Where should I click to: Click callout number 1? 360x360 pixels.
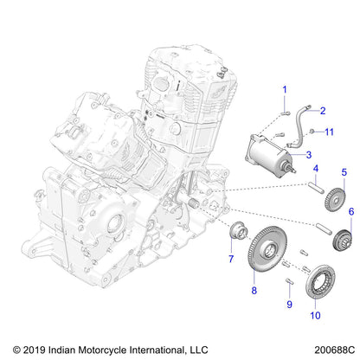pyautogui.click(x=282, y=89)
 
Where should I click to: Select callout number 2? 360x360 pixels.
pyautogui.click(x=322, y=111)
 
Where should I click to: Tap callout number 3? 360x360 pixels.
pyautogui.click(x=308, y=154)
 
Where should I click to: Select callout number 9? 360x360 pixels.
pyautogui.click(x=289, y=305)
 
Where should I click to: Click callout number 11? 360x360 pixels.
pyautogui.click(x=329, y=132)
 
